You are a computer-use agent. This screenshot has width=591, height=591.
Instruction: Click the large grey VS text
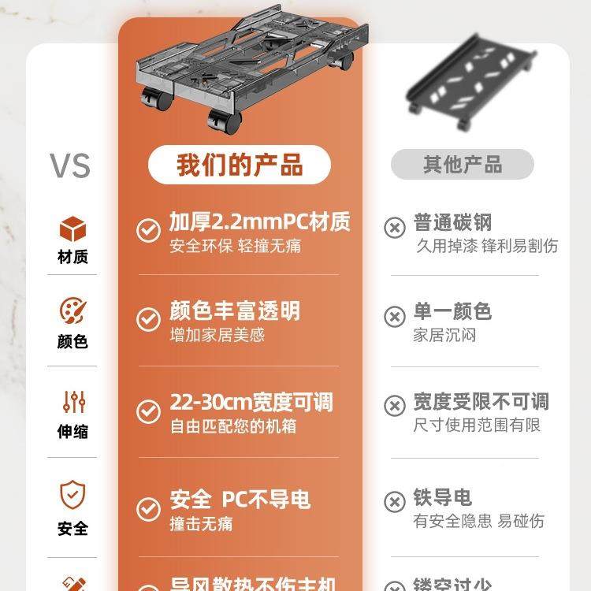[70, 165]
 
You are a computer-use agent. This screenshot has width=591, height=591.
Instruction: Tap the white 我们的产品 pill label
[240, 165]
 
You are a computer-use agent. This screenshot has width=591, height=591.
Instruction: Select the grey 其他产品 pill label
[463, 165]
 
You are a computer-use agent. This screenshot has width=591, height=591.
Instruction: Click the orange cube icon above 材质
[72, 229]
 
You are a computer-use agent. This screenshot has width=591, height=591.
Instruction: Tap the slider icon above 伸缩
[73, 402]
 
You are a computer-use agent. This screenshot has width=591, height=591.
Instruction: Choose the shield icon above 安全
[72, 495]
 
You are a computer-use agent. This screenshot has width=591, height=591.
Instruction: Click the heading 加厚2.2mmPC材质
[260, 221]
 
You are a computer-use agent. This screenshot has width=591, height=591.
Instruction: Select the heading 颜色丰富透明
[235, 310]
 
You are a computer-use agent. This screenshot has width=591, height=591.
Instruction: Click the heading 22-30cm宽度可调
[251, 403]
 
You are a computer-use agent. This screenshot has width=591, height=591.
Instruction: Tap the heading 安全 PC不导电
[240, 500]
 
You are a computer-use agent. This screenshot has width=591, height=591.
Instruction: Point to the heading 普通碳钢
[452, 221]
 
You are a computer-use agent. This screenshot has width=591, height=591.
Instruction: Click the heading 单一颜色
[452, 311]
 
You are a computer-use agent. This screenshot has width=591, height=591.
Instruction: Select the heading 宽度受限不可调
[481, 402]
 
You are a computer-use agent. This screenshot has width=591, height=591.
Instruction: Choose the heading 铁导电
[442, 498]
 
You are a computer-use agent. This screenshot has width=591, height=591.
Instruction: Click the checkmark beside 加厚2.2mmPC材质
[148, 230]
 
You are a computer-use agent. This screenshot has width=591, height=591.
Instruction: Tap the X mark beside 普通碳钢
[394, 228]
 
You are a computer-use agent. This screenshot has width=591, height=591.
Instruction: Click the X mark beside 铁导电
[394, 502]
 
